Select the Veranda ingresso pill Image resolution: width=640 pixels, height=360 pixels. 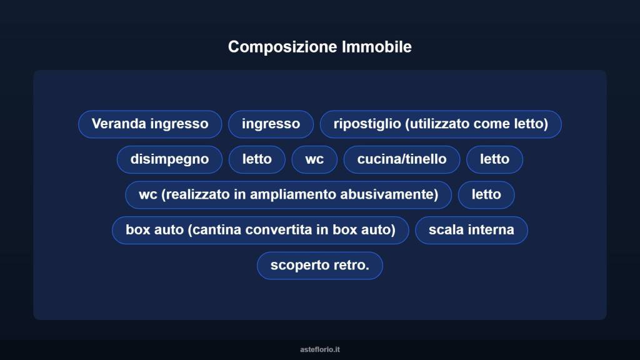[150, 124]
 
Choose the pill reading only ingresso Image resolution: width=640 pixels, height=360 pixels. [271, 124]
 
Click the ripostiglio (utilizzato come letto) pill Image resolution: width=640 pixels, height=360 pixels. [441, 124]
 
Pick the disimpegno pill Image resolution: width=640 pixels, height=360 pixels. [169, 159]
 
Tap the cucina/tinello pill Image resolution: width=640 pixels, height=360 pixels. [402, 159]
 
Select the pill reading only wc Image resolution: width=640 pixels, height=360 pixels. [314, 159]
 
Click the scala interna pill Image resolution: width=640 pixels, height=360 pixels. [471, 230]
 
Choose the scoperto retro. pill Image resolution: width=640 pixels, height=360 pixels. [319, 266]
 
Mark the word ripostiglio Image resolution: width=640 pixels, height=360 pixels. [367, 124]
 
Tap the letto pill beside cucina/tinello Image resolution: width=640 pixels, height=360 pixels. [494, 159]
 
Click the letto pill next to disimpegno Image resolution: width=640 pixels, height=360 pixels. [257, 159]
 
